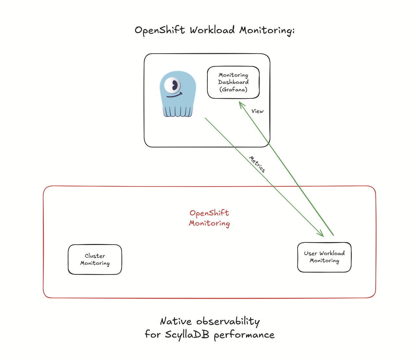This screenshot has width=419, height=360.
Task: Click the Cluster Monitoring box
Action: [95, 260]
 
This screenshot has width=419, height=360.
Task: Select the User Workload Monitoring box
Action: [324, 257]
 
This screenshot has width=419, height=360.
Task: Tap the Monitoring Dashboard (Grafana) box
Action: [233, 82]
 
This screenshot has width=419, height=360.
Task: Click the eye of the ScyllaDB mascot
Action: [172, 85]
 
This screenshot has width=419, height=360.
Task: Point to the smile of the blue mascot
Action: [174, 96]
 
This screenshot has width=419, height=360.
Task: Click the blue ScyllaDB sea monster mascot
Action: [178, 94]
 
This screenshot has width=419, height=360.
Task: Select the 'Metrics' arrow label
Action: [257, 164]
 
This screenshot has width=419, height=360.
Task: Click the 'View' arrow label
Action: [257, 111]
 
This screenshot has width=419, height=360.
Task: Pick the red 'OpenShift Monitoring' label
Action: [209, 218]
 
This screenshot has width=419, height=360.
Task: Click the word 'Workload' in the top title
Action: [212, 30]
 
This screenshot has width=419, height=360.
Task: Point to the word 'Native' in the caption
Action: [176, 321]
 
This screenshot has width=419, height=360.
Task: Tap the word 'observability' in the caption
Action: [228, 321]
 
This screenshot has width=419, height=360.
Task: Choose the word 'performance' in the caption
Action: [244, 335]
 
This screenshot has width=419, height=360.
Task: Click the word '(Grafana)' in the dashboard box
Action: [233, 89]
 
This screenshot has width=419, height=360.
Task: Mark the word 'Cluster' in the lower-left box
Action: [95, 256]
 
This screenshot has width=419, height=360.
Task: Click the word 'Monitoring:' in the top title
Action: [267, 31]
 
